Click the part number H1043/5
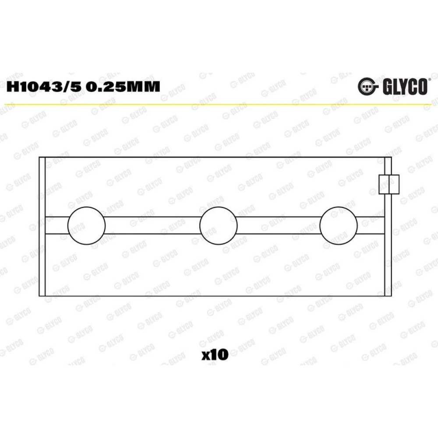click(44, 87)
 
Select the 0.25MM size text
click(123, 87)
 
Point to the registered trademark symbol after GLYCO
click(429, 80)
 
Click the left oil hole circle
click(87, 226)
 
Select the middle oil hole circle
click(219, 226)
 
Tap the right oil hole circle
click(339, 226)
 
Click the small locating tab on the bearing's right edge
click(389, 184)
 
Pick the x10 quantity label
click(215, 355)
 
